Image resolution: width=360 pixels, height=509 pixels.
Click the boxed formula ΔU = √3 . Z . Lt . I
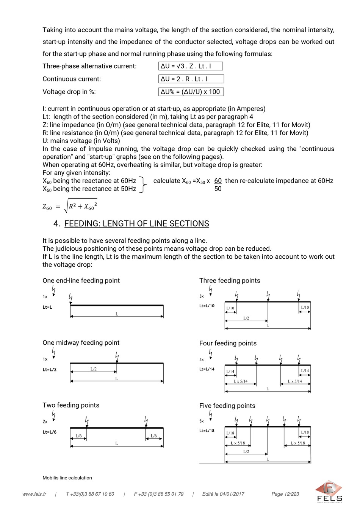(x=190, y=66)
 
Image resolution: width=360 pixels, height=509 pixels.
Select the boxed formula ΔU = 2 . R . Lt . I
(x=191, y=79)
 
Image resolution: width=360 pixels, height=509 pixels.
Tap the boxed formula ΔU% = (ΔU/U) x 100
(x=191, y=92)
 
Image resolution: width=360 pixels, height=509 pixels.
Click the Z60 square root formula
(x=70, y=206)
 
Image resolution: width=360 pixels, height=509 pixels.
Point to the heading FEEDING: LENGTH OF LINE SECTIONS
(x=136, y=224)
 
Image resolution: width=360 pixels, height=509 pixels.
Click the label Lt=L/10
(x=207, y=306)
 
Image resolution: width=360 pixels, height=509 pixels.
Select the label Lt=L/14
(x=207, y=369)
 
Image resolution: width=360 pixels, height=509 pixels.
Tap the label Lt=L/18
(x=207, y=431)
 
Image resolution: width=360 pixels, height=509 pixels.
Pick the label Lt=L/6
(x=50, y=432)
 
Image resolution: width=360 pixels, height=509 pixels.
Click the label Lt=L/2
(x=50, y=370)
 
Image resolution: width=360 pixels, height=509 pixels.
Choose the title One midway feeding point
(x=81, y=343)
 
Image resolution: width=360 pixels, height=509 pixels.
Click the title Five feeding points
(x=227, y=406)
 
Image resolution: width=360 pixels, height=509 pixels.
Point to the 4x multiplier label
(x=202, y=360)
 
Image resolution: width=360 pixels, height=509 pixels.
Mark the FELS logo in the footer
(x=329, y=492)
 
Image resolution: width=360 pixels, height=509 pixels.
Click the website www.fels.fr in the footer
(x=34, y=494)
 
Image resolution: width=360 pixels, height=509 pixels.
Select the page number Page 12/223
(x=285, y=494)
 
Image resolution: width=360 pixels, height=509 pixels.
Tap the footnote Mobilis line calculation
(x=67, y=478)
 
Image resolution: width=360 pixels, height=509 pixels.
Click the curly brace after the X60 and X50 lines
(x=143, y=185)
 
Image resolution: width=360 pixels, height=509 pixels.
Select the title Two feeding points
(x=71, y=405)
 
